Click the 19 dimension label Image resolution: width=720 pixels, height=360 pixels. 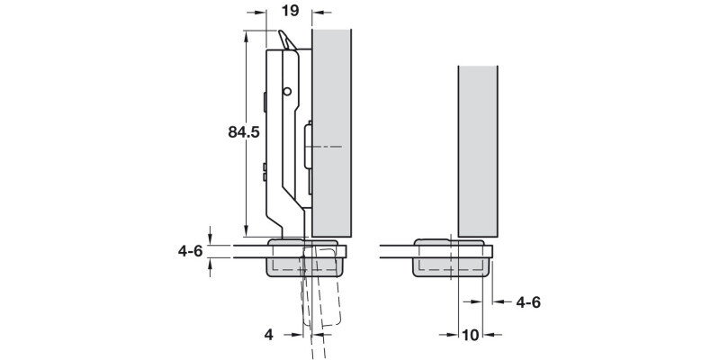click(290, 13)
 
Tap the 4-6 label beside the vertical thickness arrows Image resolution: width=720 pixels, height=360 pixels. click(189, 251)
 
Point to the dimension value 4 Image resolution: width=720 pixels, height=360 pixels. click(268, 334)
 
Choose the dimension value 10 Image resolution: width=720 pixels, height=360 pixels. click(469, 335)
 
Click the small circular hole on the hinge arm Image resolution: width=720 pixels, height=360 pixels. click(286, 92)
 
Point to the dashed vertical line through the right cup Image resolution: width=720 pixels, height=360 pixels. click(460, 270)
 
